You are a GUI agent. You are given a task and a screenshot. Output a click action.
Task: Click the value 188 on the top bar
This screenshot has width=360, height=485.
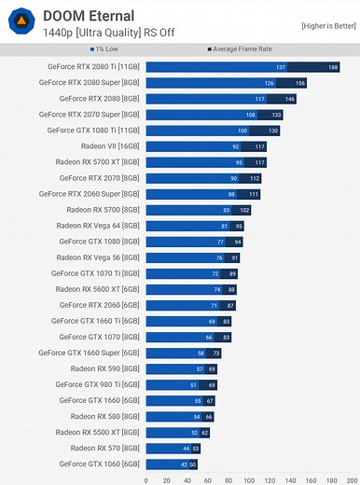tap(333, 67)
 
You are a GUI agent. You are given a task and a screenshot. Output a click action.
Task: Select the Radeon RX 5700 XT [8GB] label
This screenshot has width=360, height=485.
tap(98, 162)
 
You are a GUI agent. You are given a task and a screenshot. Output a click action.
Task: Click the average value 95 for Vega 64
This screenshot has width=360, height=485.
tap(239, 226)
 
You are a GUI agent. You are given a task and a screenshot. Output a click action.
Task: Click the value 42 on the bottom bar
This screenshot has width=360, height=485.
tap(184, 464)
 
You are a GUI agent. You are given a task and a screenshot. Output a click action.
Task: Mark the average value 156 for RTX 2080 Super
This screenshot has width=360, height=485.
tap(300, 83)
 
